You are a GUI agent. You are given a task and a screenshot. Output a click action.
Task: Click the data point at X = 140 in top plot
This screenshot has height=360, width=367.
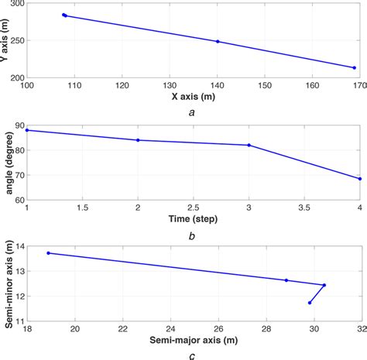coord(218,41)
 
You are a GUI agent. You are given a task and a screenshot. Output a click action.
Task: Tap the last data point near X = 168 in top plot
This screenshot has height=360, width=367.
coord(355,67)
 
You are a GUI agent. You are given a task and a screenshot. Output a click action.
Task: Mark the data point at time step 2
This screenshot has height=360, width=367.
coord(138,140)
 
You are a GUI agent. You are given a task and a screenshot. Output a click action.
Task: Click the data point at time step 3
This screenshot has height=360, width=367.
coord(249,145)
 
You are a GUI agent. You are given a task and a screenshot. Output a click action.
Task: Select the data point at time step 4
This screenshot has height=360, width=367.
coord(359,179)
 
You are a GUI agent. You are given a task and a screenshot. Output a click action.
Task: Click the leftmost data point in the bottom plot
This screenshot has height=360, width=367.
coord(49,252)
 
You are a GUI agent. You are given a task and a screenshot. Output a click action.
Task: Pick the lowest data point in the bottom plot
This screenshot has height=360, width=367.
coord(310,303)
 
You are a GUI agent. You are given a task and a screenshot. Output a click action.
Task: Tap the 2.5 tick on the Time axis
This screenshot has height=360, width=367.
coord(193,208)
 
